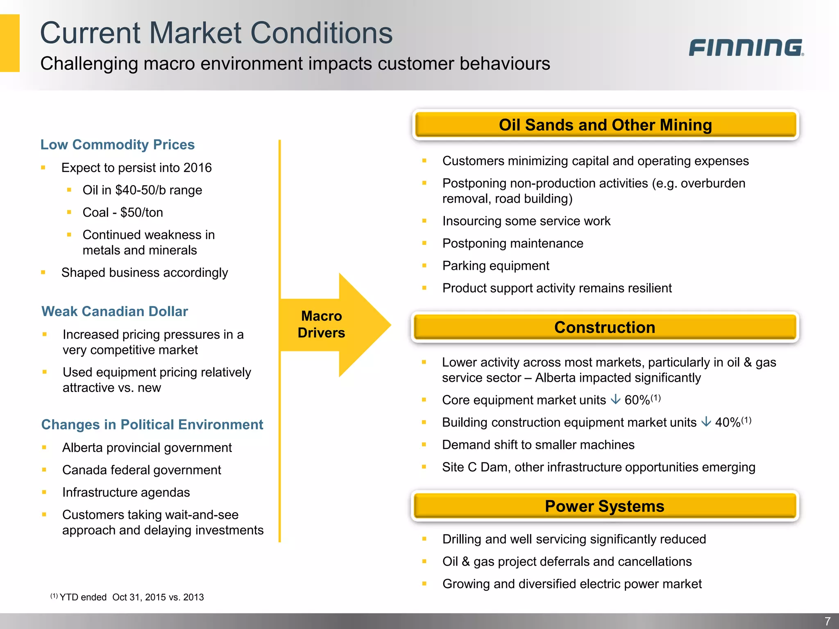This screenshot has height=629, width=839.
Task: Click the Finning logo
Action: pos(746,48)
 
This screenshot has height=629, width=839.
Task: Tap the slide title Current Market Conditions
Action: pos(216,33)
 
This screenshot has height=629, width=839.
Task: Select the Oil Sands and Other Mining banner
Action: pos(605,125)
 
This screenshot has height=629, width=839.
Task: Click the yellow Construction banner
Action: pos(605,327)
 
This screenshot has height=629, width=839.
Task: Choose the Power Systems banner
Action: pos(605,506)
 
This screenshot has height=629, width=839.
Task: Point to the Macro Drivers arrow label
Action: pos(322,324)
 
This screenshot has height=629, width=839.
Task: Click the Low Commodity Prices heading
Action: pos(118,145)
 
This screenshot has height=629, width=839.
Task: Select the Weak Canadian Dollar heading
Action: pos(115,311)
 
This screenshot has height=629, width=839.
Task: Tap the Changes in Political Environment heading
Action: pos(152,425)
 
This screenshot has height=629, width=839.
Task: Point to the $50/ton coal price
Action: pos(142,212)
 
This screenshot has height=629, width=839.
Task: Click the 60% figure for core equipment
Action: pos(637,400)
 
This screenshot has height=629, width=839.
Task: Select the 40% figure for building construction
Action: pos(728,422)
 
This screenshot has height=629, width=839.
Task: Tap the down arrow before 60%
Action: pos(615,399)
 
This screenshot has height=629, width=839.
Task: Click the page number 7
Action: pos(827,621)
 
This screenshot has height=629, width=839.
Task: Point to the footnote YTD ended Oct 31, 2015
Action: pos(131,597)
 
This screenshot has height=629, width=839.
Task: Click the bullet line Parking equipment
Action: pos(496,266)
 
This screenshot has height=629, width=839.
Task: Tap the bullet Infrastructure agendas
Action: pos(126,492)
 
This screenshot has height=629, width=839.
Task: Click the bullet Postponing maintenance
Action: pos(512,243)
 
